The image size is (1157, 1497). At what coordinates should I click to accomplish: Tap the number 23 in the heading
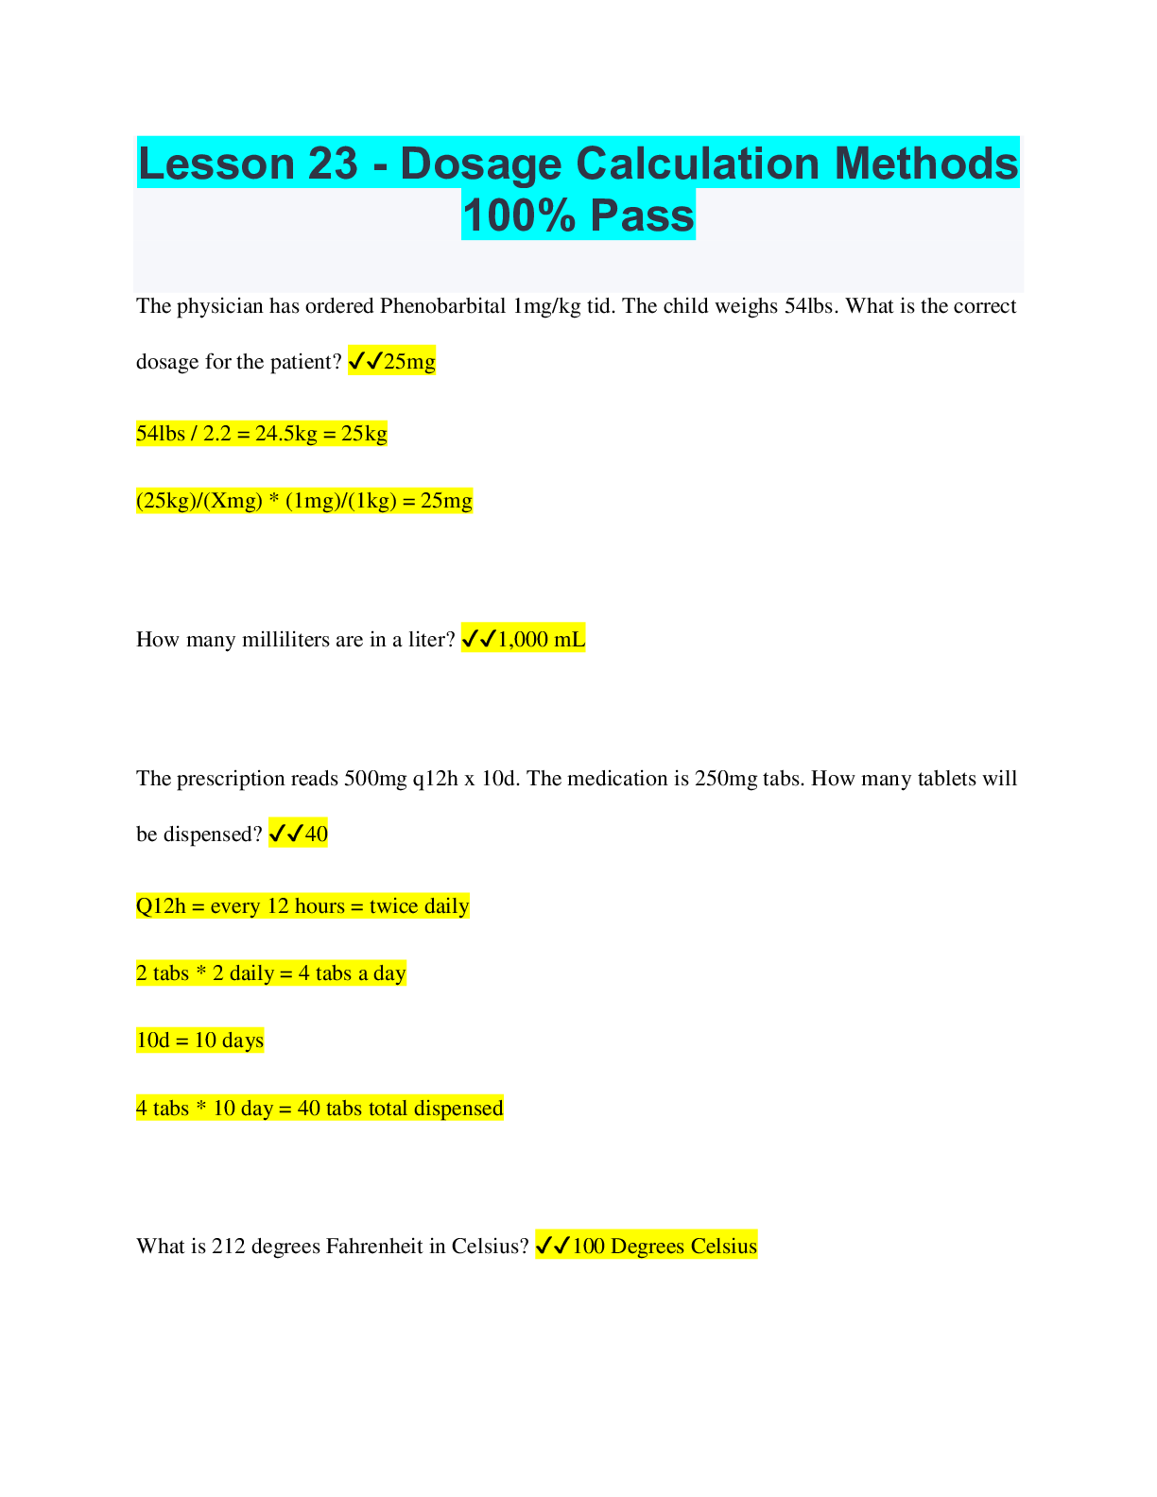tap(332, 163)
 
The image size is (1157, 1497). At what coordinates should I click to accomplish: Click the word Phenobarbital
tap(442, 306)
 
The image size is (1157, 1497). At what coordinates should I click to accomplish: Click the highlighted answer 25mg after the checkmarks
tap(409, 362)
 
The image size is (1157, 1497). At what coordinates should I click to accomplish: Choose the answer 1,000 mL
tap(541, 640)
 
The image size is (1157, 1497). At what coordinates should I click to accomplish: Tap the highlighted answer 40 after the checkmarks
tap(316, 835)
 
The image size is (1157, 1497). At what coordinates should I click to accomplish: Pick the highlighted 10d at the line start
tap(152, 1041)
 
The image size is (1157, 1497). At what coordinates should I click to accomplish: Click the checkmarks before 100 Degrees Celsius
tap(552, 1247)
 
